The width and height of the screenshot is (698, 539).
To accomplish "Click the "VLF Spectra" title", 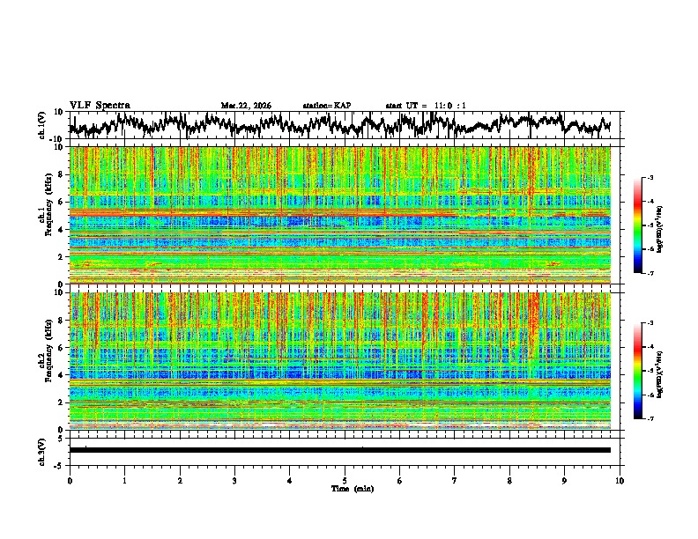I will point(100,105).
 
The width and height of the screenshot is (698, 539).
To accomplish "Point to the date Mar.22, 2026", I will point(246,106).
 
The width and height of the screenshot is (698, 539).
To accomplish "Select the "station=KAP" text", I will point(326,106).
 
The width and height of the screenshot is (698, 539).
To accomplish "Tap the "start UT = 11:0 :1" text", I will point(426,106).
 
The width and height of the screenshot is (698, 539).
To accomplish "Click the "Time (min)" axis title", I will point(345,488).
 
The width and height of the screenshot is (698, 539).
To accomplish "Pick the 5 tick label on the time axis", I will point(345,480).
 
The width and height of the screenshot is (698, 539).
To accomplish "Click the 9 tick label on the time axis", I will point(565,480).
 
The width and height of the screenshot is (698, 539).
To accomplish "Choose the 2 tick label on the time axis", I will point(180,480).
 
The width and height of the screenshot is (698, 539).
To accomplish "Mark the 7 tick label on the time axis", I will point(455,480).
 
